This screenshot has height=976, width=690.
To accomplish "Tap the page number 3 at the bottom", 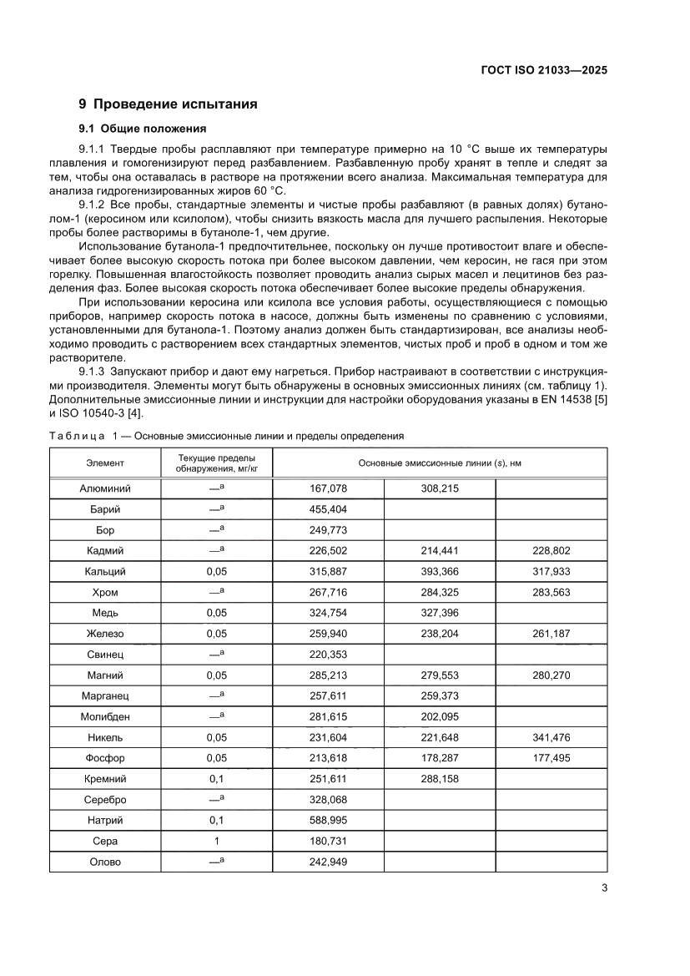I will pyautogui.click(x=604, y=888).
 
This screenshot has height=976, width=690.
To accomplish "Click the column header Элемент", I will pyautogui.click(x=105, y=463).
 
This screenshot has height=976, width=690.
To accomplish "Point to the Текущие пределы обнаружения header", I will pyautogui.click(x=216, y=463).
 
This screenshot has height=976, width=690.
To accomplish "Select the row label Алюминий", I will pyautogui.click(x=105, y=488).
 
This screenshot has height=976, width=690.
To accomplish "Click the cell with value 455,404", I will pyautogui.click(x=328, y=509).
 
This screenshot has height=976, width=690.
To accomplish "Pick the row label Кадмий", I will pyautogui.click(x=105, y=550).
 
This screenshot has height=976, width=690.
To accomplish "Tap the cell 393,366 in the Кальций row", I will pyautogui.click(x=440, y=571).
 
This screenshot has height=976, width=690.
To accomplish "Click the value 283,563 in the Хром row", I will pyautogui.click(x=551, y=592).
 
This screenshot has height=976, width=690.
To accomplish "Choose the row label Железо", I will pyautogui.click(x=105, y=634).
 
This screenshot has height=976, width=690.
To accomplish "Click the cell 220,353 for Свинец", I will pyautogui.click(x=328, y=655).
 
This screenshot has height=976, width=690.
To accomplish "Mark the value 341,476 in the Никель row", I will pyautogui.click(x=551, y=737).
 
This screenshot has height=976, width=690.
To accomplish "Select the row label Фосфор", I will pyautogui.click(x=105, y=758).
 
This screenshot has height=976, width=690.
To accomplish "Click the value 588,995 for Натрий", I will pyautogui.click(x=328, y=820).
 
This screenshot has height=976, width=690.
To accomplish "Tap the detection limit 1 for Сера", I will pyautogui.click(x=216, y=841).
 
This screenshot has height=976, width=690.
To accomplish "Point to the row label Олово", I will pyautogui.click(x=105, y=862).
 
